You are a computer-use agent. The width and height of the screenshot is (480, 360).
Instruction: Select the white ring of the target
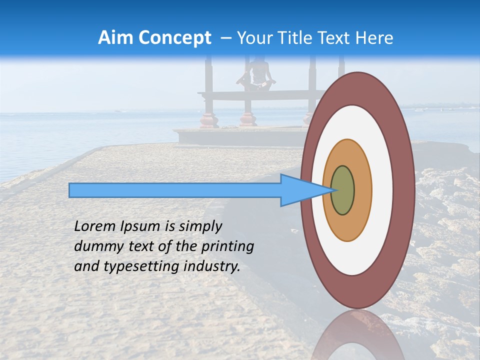[x=382, y=190]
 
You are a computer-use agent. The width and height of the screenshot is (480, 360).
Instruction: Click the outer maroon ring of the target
[x=404, y=190]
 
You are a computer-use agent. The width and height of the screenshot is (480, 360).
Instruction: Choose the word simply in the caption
[x=200, y=226]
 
